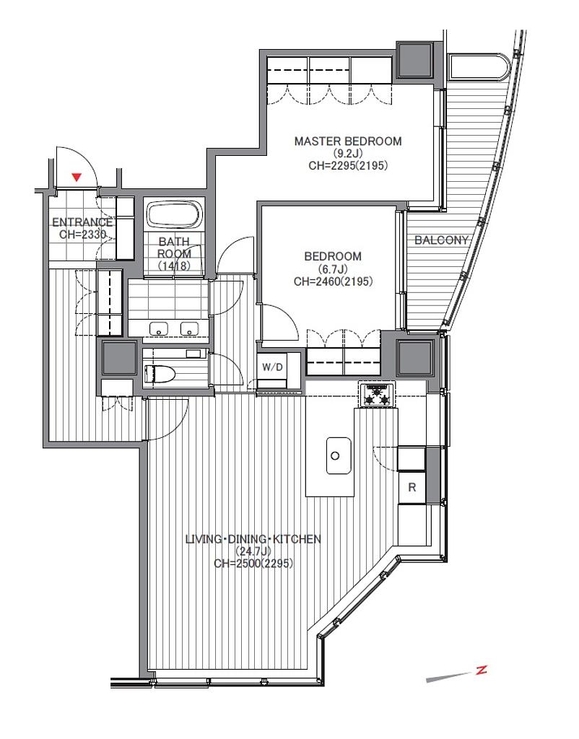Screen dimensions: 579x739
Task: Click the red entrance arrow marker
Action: [x=77, y=178]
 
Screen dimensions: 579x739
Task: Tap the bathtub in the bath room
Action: [x=175, y=215]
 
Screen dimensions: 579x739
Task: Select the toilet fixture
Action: [x=160, y=373]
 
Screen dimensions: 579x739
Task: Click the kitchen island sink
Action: [x=339, y=456]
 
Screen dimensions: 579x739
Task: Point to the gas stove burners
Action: [x=377, y=395]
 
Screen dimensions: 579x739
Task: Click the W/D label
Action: [x=272, y=367]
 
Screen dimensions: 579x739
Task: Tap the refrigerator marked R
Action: [x=412, y=487]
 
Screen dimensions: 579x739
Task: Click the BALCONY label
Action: [x=441, y=240]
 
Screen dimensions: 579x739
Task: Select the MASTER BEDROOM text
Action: [x=348, y=141]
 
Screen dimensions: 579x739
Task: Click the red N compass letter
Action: [x=481, y=670]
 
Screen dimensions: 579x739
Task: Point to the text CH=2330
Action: [x=82, y=235]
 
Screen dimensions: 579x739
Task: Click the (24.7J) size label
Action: [x=253, y=551]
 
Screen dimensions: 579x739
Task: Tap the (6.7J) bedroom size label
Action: [x=333, y=269]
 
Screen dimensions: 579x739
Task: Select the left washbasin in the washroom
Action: [x=159, y=328]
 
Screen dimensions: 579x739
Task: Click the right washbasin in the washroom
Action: [x=190, y=328]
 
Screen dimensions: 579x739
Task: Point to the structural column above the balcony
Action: [x=414, y=60]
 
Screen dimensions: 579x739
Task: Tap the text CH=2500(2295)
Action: [x=253, y=563]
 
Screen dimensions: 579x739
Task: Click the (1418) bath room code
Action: [x=174, y=266]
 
